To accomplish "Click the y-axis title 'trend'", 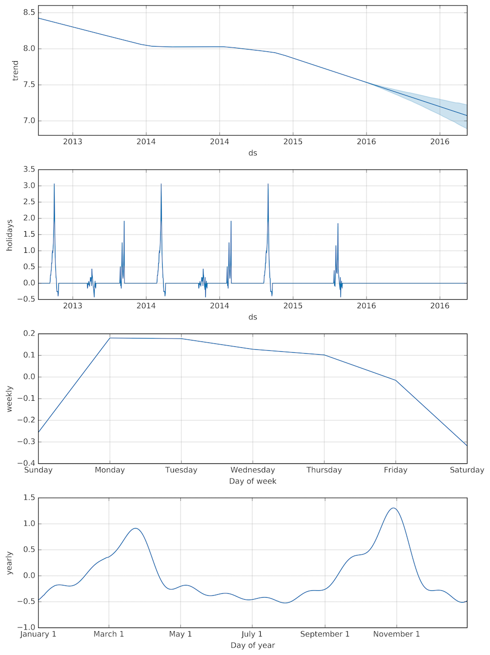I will point(15,71).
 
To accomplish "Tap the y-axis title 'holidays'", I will point(9,235).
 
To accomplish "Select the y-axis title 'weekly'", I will point(9,399).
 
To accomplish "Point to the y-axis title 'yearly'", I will point(9,563).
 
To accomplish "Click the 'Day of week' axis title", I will point(252,482).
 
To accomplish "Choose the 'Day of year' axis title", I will point(252,646).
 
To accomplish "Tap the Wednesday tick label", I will point(252,470).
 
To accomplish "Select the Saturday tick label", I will point(466,470).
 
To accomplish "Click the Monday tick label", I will point(110,470).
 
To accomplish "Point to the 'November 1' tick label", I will point(396,634).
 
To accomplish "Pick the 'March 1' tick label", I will point(109,634).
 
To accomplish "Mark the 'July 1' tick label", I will point(252,634).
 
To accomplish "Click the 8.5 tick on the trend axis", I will point(29,12).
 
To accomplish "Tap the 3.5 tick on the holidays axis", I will point(29,170).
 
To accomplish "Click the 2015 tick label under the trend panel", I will point(293,142).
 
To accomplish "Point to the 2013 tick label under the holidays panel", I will point(73,306).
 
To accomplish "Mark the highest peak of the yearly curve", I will point(393,508).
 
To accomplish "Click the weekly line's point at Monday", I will point(110,338).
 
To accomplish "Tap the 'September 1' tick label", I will point(325,634).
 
